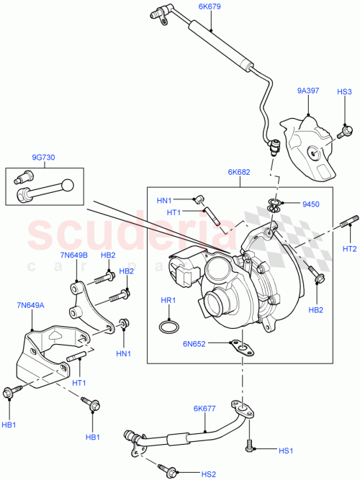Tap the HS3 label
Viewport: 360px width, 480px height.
[345, 92]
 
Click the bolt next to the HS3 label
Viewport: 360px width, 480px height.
[345, 131]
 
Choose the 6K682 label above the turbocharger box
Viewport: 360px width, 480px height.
[239, 173]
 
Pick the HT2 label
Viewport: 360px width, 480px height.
[349, 249]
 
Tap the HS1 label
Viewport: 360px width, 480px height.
[286, 451]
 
